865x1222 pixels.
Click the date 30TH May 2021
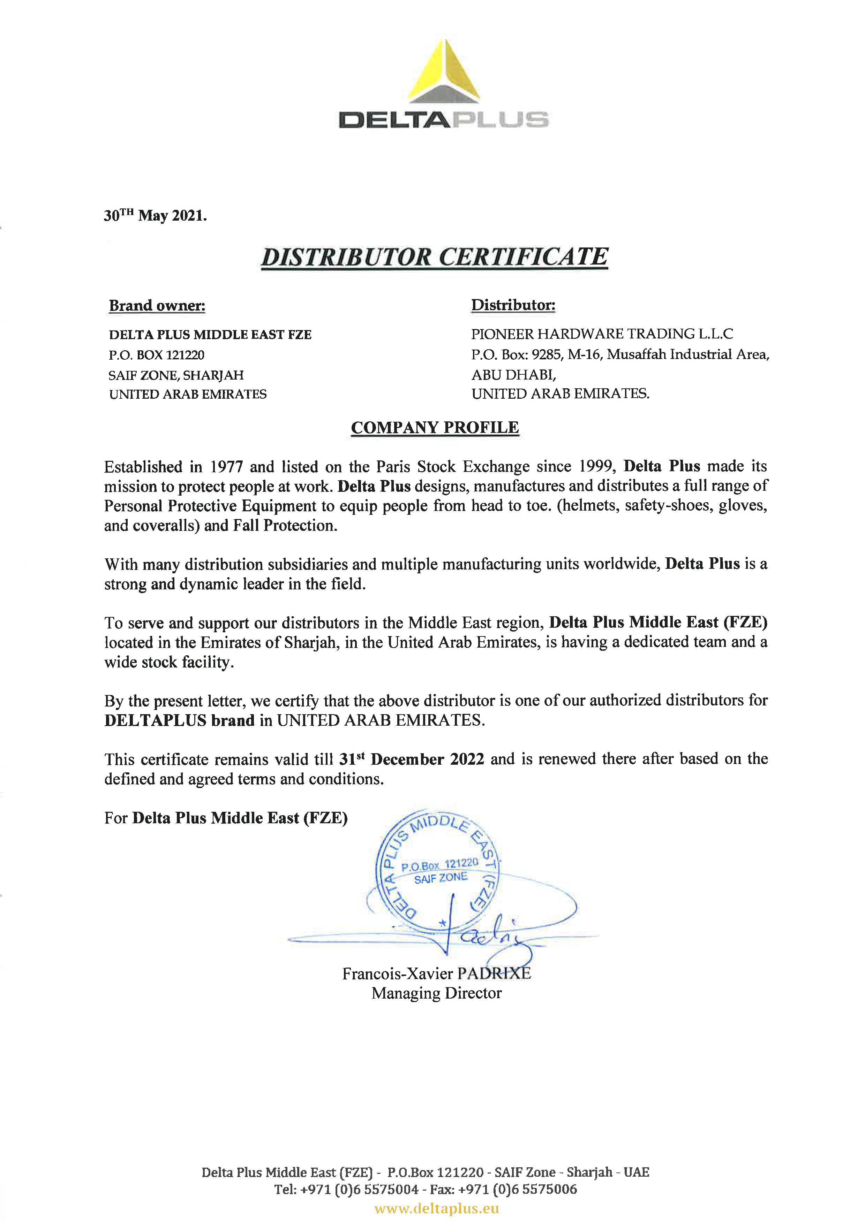point(155,215)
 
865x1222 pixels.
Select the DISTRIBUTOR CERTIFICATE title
point(434,257)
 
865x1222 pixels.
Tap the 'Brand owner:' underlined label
point(157,305)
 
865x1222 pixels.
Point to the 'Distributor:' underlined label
point(513,305)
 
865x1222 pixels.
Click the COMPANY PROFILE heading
point(435,427)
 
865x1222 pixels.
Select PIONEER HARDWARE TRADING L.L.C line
point(602,334)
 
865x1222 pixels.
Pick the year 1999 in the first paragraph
point(597,466)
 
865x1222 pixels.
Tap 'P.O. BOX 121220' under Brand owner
point(157,355)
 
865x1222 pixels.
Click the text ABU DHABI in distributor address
point(513,375)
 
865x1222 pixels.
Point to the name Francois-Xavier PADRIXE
point(436,973)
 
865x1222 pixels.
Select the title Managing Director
point(436,993)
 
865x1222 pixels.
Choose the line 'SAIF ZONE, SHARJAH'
point(176,375)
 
